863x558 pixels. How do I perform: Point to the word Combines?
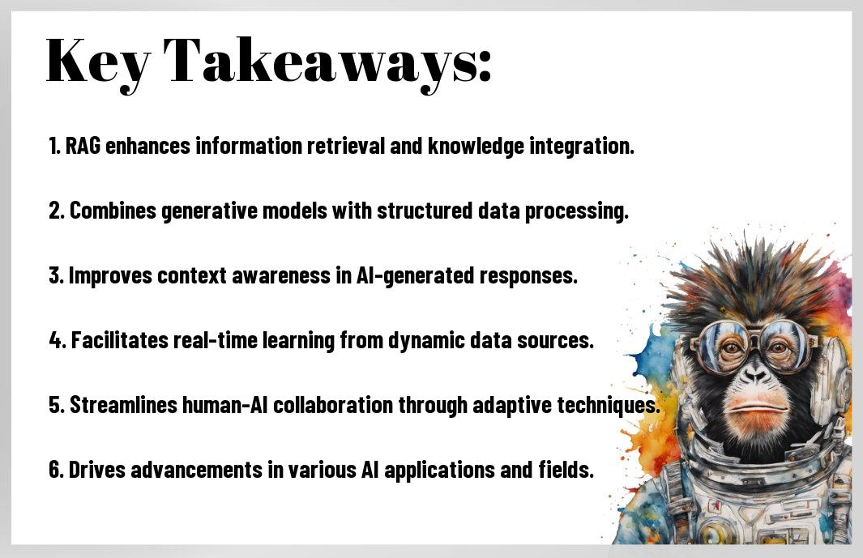[113, 211]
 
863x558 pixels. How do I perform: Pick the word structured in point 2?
[425, 211]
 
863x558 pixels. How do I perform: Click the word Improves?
[110, 275]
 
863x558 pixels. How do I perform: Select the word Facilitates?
[120, 340]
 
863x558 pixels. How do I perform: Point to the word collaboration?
[333, 405]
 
